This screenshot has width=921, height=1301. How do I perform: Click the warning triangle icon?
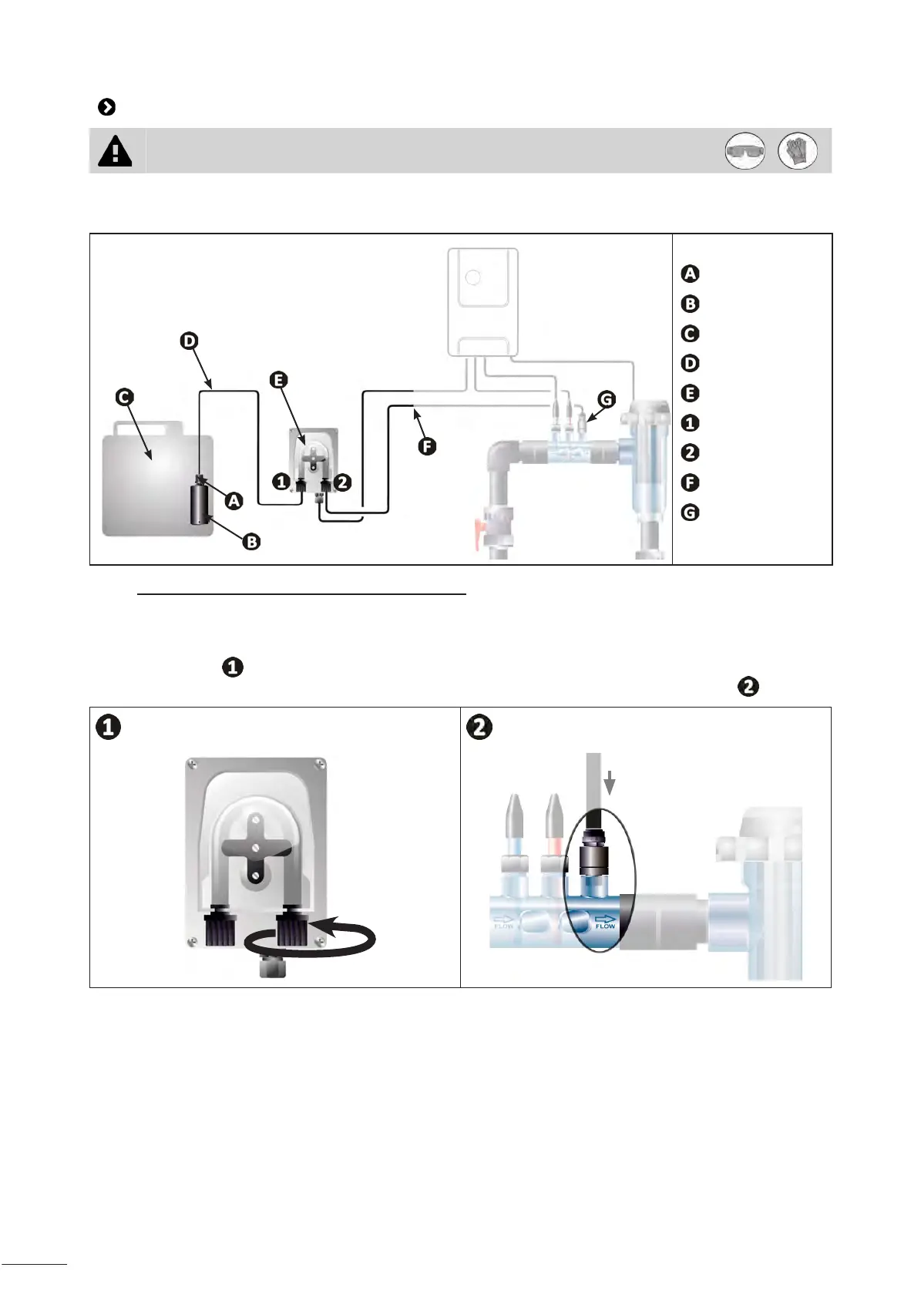pyautogui.click(x=115, y=151)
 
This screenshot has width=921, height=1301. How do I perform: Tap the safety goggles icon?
pyautogui.click(x=745, y=151)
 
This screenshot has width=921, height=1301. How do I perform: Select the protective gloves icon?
pyautogui.click(x=798, y=151)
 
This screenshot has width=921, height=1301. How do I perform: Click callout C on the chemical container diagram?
pyautogui.click(x=124, y=397)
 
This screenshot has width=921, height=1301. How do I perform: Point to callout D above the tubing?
pyautogui.click(x=189, y=340)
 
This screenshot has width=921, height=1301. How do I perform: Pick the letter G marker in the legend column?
pyautogui.click(x=690, y=513)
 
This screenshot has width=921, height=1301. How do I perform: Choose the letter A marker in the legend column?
pyautogui.click(x=690, y=274)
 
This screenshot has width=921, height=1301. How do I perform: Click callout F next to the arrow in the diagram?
pyautogui.click(x=426, y=445)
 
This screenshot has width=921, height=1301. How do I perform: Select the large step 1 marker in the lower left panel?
pyautogui.click(x=109, y=727)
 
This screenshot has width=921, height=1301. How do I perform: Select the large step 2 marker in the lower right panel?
pyautogui.click(x=479, y=727)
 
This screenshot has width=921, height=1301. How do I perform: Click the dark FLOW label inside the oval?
pyautogui.click(x=605, y=922)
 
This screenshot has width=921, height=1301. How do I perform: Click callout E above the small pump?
pyautogui.click(x=278, y=379)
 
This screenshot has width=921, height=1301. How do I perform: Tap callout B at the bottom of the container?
pyautogui.click(x=251, y=542)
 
